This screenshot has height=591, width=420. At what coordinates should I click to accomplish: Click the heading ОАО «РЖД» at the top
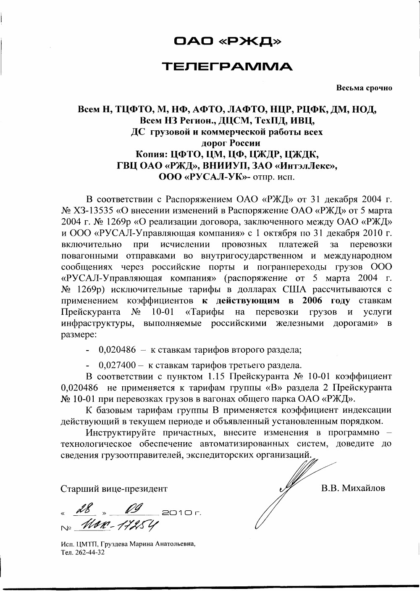click(227, 41)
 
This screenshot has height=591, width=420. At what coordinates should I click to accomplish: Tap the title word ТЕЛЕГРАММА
click(227, 66)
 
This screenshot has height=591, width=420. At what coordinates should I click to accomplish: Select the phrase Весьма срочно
click(364, 88)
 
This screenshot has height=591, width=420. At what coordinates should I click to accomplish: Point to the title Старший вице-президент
click(114, 489)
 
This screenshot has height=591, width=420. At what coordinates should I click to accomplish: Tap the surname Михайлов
click(364, 488)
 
